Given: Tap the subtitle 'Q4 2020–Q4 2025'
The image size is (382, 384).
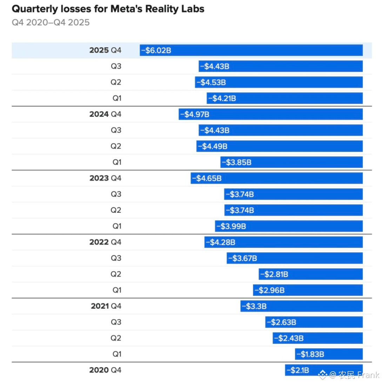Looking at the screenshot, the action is pos(51,22).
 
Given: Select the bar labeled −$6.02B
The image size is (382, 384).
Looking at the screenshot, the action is pos(251,50).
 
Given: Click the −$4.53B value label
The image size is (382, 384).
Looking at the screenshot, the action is pos(211,82).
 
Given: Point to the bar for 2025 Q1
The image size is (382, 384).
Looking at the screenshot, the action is pos(285,98).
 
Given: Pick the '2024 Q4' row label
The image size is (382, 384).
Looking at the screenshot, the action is pos(105,114).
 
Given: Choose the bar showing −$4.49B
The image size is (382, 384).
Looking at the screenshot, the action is pos(280,146).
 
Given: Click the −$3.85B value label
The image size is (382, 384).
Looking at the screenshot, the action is pos(237,162).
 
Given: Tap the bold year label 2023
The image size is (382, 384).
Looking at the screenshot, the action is pos(99,178).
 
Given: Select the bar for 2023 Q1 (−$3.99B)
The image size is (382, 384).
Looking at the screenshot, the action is pos(289,226).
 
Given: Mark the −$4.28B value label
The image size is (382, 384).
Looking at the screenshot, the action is pos(220,242).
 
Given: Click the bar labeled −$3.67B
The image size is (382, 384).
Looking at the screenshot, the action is pos(295,258).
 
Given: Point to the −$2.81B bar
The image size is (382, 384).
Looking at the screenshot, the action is pos(311,274).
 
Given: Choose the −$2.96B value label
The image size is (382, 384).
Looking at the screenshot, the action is pos(269,290).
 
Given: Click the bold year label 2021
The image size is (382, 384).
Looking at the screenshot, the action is pos(100,306).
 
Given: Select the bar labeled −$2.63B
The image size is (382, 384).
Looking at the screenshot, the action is pos(314,322).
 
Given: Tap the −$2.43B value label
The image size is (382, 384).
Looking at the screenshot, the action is pos(289,338).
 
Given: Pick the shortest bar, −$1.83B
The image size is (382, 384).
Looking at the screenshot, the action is pos(329,354).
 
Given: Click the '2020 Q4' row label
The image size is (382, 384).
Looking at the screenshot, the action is pos(105,370).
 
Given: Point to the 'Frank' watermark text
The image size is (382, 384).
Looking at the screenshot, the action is pos(368,375).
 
